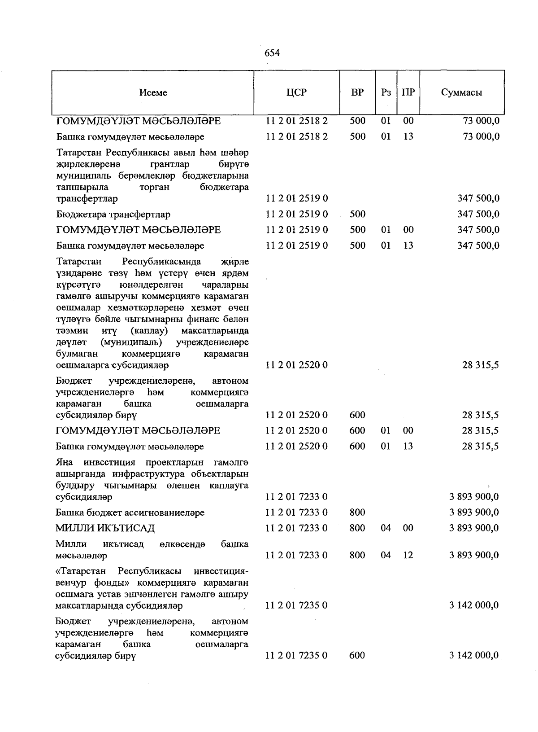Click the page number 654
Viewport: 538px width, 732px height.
click(x=272, y=53)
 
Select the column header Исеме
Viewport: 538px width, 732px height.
click(x=153, y=92)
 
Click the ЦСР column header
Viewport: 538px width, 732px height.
click(x=296, y=92)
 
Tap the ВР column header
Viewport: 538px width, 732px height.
click(x=357, y=92)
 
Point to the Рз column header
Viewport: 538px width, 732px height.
click(x=386, y=92)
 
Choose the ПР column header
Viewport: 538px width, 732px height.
click(x=408, y=92)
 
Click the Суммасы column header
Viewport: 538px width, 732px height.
click(x=461, y=92)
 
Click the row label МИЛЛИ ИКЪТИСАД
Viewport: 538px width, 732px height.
click(x=105, y=528)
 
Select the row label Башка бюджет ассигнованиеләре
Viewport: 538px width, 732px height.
click(x=130, y=513)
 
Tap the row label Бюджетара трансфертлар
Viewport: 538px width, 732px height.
click(x=113, y=215)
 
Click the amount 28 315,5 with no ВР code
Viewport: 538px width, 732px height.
click(x=481, y=365)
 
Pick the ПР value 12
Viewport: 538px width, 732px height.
click(x=408, y=555)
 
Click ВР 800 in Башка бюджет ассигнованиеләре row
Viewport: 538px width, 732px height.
click(x=357, y=513)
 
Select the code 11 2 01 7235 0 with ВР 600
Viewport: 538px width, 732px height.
click(x=296, y=655)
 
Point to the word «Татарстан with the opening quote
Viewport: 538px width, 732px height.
click(x=81, y=571)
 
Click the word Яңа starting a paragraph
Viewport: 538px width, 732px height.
click(x=64, y=462)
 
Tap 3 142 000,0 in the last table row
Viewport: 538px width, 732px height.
click(x=474, y=655)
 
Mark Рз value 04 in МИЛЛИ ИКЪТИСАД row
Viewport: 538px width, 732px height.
click(x=386, y=528)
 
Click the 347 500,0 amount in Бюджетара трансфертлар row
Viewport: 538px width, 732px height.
click(x=478, y=215)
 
